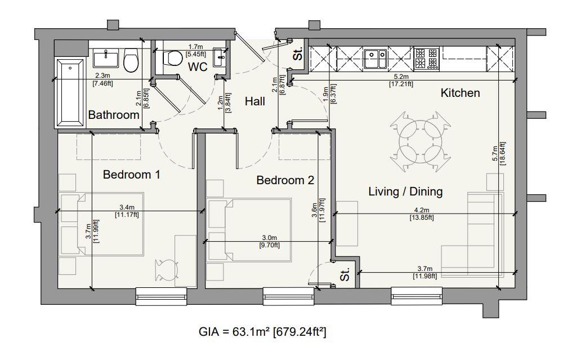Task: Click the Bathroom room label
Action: point(114,115)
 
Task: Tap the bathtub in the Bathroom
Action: point(70,93)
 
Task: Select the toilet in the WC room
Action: point(172,57)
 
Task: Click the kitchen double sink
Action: point(375,59)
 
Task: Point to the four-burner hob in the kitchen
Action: point(427,59)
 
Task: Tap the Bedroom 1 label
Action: point(131,175)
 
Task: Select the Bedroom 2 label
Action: point(285,180)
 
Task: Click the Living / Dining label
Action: point(405,191)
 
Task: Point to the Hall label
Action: point(255,101)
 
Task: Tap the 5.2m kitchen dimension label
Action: point(401,77)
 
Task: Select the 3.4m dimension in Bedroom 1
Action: point(127,207)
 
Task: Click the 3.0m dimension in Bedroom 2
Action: point(269,238)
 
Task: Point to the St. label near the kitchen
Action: point(298,54)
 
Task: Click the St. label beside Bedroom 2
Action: point(345,275)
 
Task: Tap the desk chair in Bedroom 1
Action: point(166,270)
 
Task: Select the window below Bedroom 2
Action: point(289,296)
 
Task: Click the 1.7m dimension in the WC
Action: point(196,47)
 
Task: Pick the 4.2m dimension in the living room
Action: point(422,210)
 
